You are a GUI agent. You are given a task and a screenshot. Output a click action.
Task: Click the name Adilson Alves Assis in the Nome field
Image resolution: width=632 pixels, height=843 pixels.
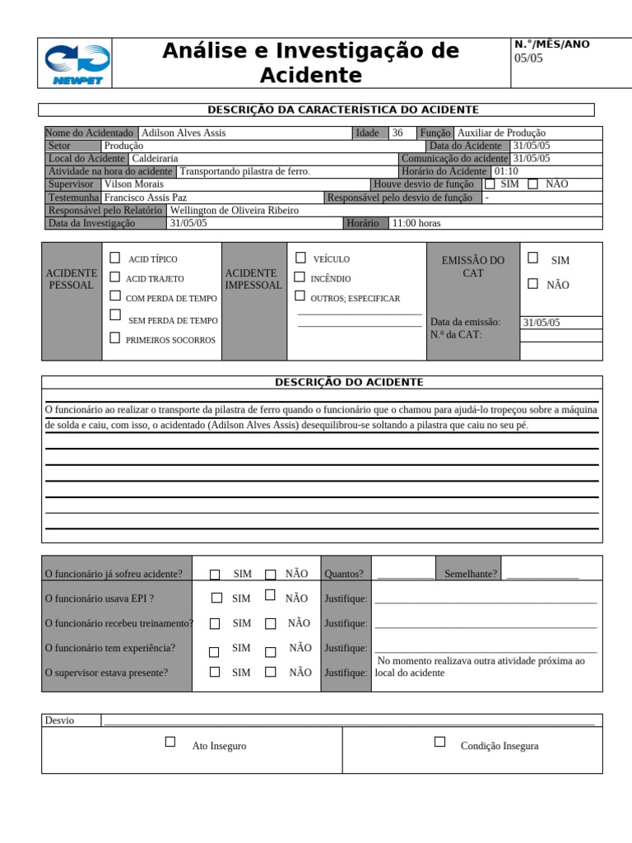tap(184, 133)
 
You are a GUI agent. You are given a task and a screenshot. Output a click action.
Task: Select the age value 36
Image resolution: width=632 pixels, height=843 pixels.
tap(397, 133)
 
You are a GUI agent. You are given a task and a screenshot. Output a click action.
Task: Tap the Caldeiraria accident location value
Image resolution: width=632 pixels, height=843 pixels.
tap(155, 158)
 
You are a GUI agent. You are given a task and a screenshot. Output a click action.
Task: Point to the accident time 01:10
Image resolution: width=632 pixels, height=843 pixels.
tap(505, 171)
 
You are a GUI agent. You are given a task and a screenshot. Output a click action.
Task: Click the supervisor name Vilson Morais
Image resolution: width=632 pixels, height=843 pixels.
tap(133, 184)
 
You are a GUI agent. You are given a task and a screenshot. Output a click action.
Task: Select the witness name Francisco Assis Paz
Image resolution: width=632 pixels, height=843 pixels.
tap(146, 198)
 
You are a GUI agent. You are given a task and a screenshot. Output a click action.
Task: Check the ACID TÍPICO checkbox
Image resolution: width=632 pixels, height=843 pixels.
tap(115, 258)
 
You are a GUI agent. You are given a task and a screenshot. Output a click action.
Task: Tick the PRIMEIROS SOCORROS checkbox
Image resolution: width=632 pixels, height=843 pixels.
tap(115, 338)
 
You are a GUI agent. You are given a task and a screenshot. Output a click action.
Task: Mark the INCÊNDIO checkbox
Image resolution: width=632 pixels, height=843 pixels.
tap(300, 277)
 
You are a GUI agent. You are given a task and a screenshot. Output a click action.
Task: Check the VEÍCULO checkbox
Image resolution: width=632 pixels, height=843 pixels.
tap(300, 258)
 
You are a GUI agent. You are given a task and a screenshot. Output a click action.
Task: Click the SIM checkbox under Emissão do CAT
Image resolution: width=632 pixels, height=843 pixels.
tap(533, 258)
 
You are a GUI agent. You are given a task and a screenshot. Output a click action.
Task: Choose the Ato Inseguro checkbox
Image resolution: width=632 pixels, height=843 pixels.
tap(170, 742)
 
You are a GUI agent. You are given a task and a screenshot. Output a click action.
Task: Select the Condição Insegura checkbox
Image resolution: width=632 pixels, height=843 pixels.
tap(440, 742)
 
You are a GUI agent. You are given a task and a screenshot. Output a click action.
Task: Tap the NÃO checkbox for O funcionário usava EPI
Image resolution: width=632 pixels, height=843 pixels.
tap(270, 594)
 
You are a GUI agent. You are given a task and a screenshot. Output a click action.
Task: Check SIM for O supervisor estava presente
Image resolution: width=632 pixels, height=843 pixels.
tap(215, 672)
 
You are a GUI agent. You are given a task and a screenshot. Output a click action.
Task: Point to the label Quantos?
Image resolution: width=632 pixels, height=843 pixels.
tap(344, 574)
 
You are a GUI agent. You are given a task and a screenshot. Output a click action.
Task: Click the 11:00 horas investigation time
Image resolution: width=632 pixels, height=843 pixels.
tap(416, 223)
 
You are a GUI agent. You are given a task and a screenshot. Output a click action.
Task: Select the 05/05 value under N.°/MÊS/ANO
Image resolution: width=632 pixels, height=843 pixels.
tap(528, 58)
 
